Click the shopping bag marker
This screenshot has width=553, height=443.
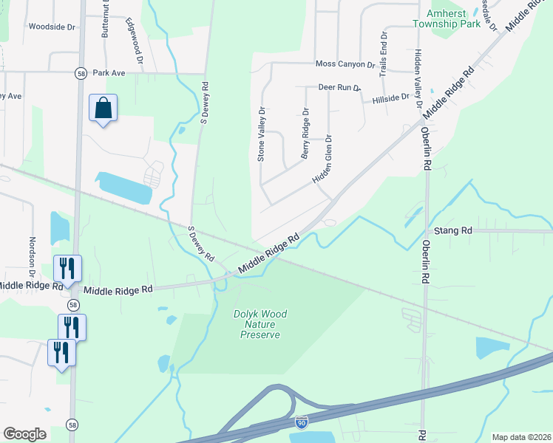click(x=103, y=109)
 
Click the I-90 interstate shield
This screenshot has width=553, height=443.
click(x=301, y=422)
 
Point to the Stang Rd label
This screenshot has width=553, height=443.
click(x=453, y=231)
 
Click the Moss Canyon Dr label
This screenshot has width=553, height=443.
click(x=345, y=65)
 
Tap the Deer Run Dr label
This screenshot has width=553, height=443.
click(x=339, y=87)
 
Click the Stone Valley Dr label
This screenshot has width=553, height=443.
click(x=260, y=134)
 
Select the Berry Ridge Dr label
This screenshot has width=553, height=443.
click(x=305, y=134)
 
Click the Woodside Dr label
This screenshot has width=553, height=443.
click(x=52, y=27)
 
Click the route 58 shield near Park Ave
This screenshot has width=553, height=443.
click(x=81, y=73)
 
